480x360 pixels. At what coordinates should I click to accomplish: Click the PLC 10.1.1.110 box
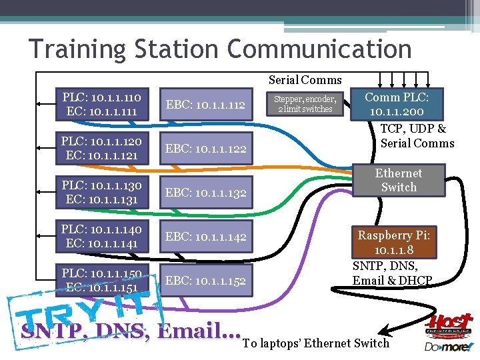[x=102, y=104]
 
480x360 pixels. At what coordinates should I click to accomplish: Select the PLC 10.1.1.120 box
[x=102, y=148]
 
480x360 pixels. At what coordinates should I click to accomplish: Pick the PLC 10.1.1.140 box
[x=102, y=236]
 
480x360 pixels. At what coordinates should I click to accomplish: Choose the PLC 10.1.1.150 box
[x=102, y=280]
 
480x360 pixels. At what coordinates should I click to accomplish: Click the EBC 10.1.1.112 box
[x=206, y=104]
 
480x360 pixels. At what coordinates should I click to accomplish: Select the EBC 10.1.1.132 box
[x=206, y=192]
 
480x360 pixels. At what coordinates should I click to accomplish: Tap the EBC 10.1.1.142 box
[x=206, y=236]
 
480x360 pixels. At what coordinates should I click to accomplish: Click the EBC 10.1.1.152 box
[x=206, y=280]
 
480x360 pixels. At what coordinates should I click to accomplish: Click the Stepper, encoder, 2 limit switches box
[x=305, y=104]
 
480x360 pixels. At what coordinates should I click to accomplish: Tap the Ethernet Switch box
[x=399, y=180]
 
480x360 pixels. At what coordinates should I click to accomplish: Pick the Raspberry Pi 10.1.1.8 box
[x=394, y=243]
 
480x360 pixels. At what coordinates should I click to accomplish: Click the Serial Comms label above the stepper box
[x=305, y=80]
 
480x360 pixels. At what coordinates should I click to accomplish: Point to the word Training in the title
[x=75, y=49]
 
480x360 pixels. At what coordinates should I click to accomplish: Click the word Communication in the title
[x=319, y=49]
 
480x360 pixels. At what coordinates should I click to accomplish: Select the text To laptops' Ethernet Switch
[x=316, y=343]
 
